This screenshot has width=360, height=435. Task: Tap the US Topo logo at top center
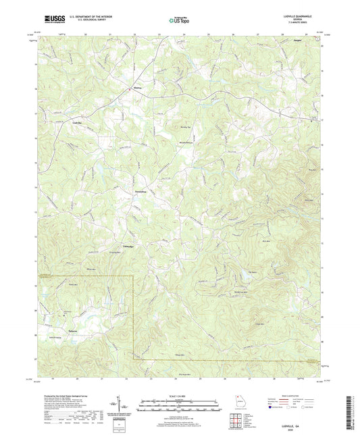coord(179,21)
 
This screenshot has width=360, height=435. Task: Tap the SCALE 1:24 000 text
coord(178,395)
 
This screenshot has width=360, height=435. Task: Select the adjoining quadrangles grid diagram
coord(236,421)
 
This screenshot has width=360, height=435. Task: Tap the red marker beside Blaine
coord(130,88)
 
